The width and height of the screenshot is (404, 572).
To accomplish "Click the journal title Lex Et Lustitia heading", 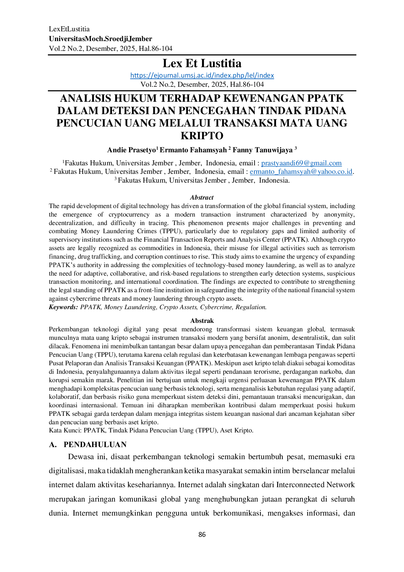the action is pos(202,63).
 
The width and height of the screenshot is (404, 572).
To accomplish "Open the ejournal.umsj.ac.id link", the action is pos(202,75).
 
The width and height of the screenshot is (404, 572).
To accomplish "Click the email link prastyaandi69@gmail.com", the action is pos(301,163).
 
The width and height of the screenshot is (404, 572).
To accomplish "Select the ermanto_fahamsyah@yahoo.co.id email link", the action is pos(301,172).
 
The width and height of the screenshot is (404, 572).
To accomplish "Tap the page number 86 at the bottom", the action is pos(202,534).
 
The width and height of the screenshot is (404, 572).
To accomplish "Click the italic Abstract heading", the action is pos(202,198).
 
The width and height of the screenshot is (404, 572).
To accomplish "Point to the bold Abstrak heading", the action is pos(202,321).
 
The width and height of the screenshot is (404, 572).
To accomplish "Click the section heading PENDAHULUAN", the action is pos(95,444).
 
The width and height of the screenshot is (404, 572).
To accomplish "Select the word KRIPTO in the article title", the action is pos(202,136).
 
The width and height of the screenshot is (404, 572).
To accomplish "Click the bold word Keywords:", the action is pos(64,307).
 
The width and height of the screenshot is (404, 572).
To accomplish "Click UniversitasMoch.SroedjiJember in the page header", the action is pos(100,39).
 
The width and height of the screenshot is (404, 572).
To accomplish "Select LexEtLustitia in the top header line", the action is pos(69,29).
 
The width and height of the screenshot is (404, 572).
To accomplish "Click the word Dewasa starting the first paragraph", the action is pos(81,457).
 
